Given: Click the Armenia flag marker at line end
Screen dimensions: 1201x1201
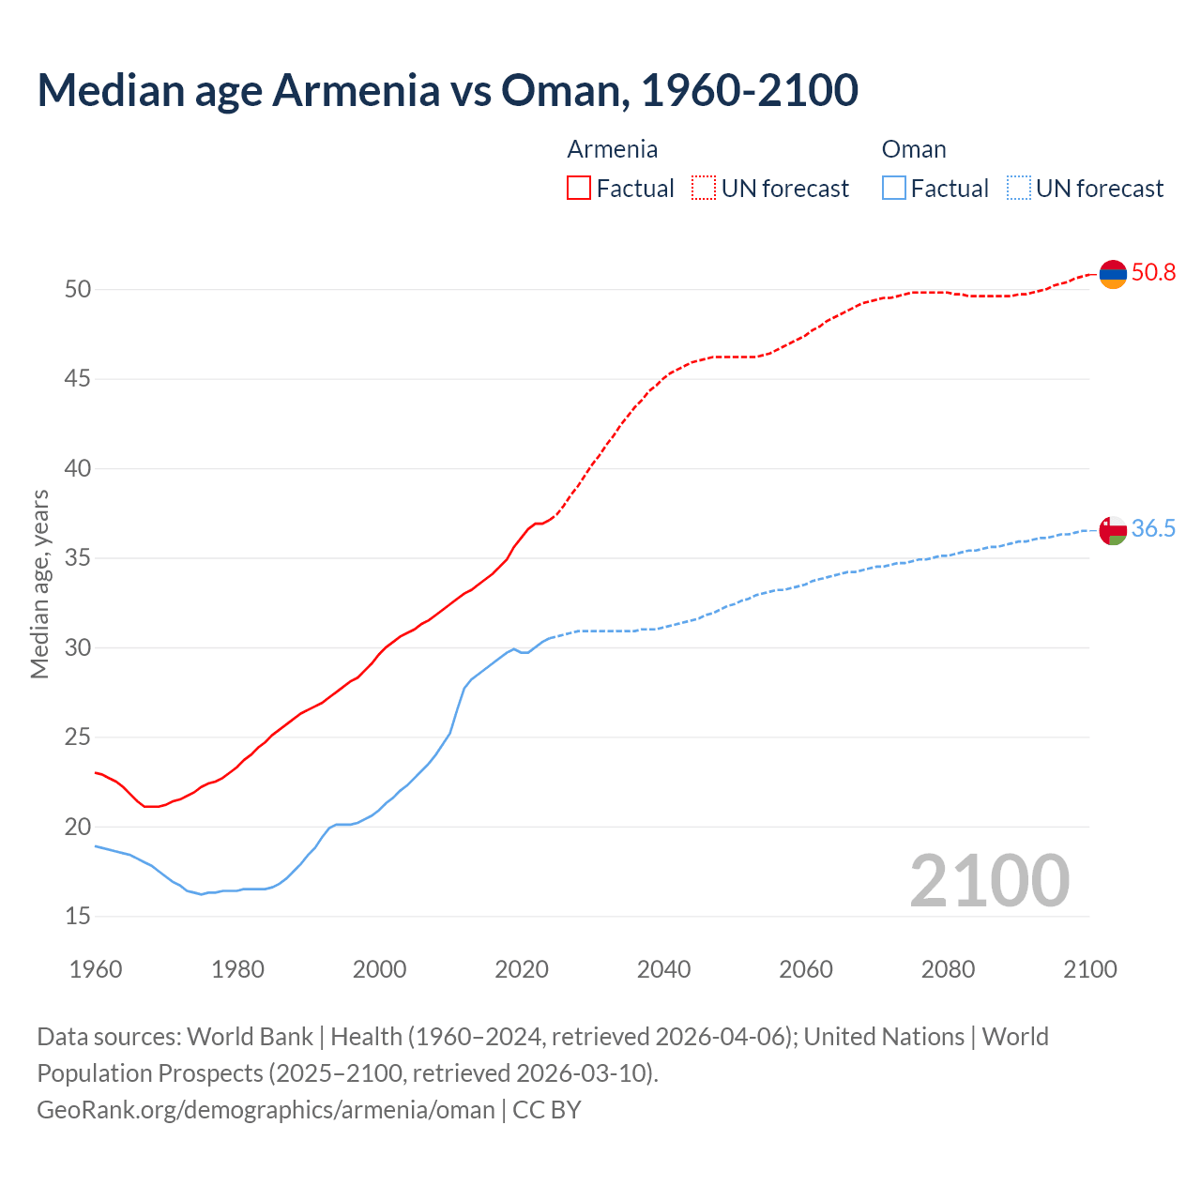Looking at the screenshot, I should pyautogui.click(x=1113, y=274).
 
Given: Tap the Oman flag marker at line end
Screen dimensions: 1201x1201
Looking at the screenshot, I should pyautogui.click(x=1113, y=530).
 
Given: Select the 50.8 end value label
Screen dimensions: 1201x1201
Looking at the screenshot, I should pyautogui.click(x=1153, y=273).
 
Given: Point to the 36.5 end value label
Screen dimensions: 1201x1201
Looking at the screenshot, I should pyautogui.click(x=1153, y=529).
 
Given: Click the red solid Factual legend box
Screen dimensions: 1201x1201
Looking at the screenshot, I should pyautogui.click(x=579, y=189).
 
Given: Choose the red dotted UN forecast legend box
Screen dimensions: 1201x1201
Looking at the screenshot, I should pyautogui.click(x=704, y=189).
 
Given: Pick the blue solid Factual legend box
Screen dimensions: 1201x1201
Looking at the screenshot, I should pyautogui.click(x=894, y=189).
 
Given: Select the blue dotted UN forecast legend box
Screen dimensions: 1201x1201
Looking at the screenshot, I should pyautogui.click(x=1018, y=189).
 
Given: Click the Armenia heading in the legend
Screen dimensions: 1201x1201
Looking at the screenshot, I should pyautogui.click(x=612, y=149).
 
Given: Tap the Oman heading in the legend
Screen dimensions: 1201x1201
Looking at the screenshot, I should pyautogui.click(x=913, y=149).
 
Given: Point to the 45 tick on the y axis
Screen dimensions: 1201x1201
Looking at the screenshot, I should pyautogui.click(x=78, y=379).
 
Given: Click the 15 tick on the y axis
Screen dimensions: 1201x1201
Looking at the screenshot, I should pyautogui.click(x=78, y=916).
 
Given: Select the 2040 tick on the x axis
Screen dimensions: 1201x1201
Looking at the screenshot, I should pyautogui.click(x=663, y=969).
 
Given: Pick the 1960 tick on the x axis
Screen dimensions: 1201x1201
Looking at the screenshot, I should pyautogui.click(x=96, y=969).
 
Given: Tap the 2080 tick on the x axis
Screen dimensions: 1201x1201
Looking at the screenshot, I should pyautogui.click(x=948, y=969).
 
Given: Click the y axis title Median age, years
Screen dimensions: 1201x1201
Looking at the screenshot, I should pyautogui.click(x=39, y=584).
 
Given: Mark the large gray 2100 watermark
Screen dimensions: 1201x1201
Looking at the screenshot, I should pyautogui.click(x=989, y=880).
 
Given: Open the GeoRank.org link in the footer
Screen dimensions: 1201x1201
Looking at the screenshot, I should pyautogui.click(x=266, y=1110).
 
